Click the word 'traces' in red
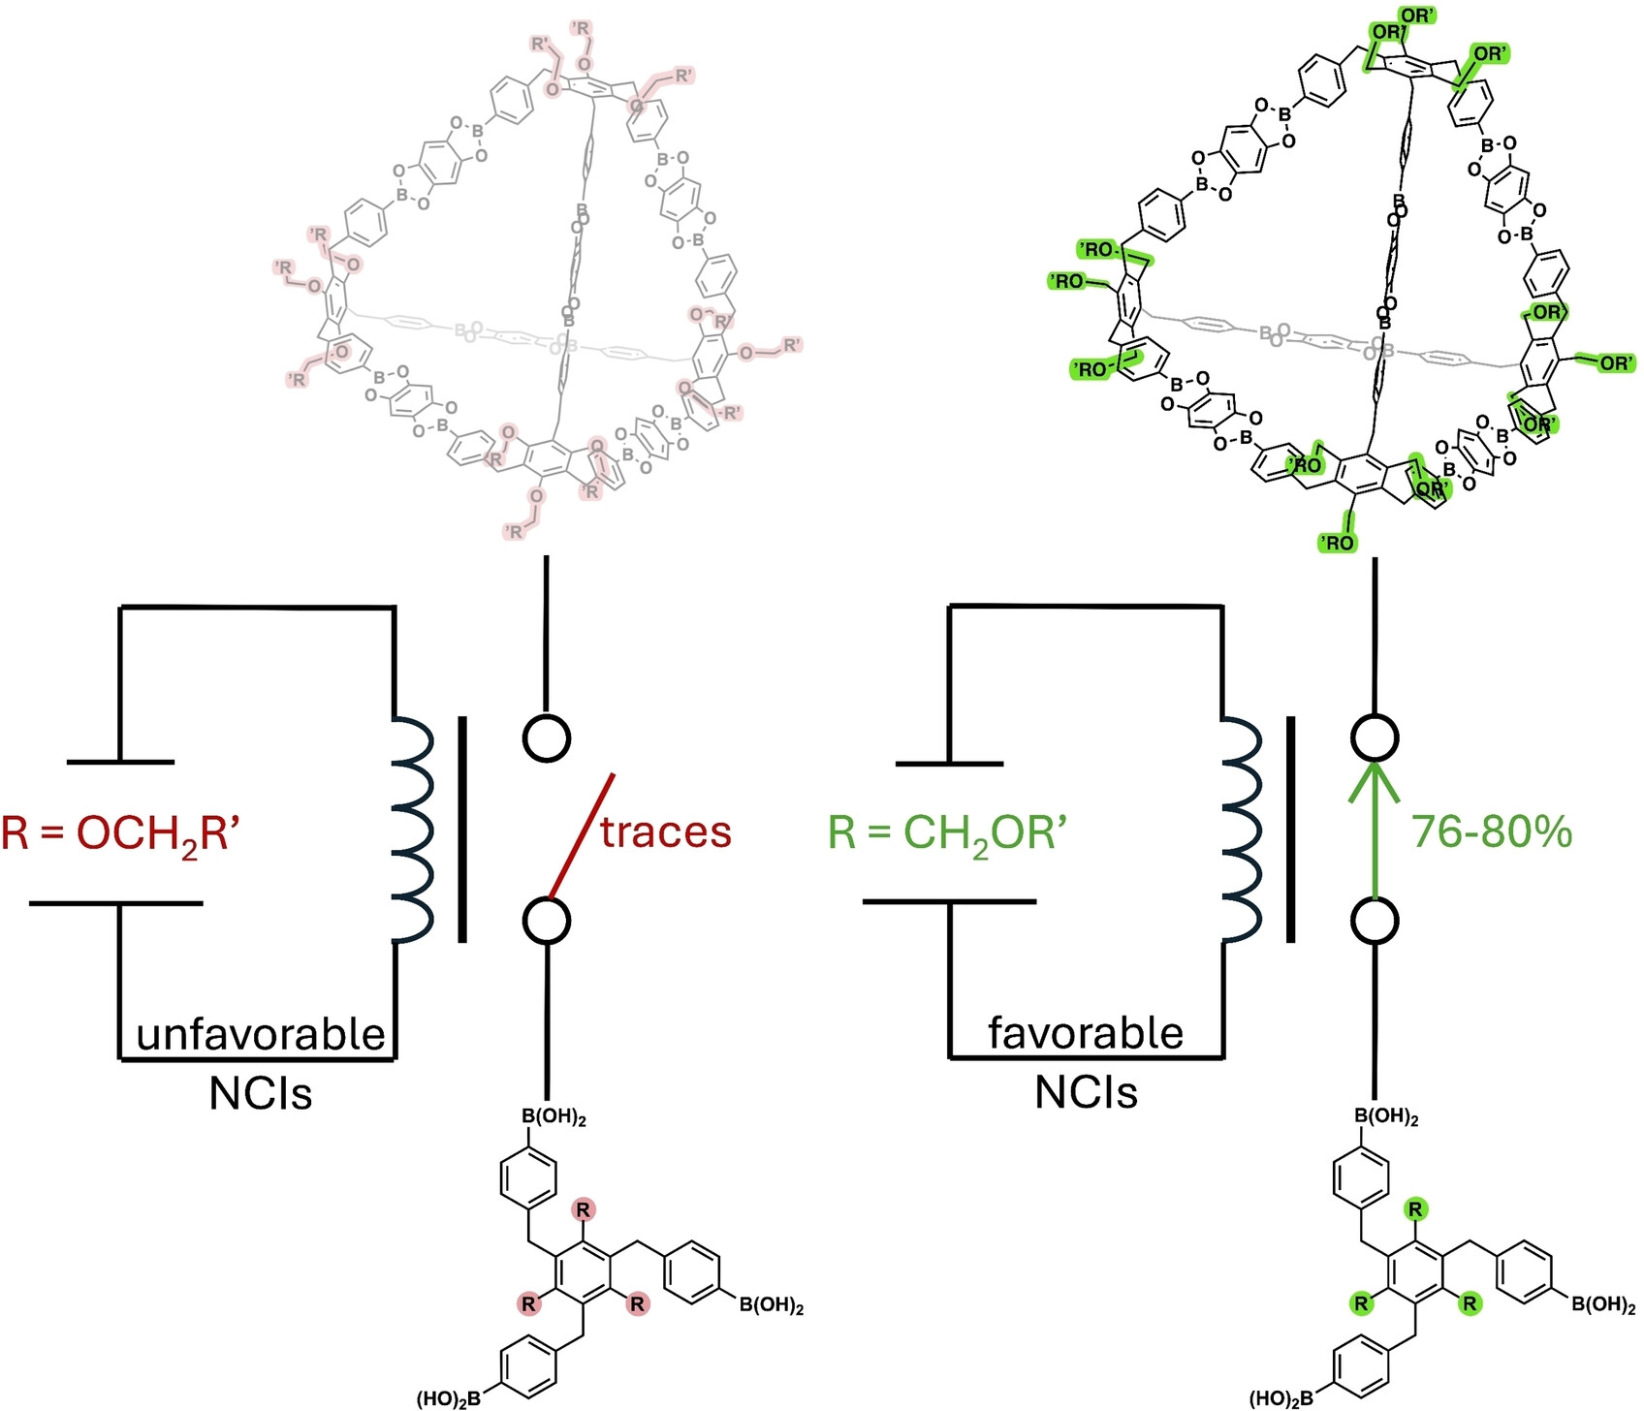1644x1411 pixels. point(665,832)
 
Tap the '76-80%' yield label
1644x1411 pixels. point(1491,832)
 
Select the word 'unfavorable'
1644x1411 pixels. point(261,1034)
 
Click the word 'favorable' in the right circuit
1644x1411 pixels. point(1086,1033)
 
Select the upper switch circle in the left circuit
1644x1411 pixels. point(547,738)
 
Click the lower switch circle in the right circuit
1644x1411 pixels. point(1375,921)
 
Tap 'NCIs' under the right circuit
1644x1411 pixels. point(1086,1093)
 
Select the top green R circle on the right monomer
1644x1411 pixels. point(1415,1209)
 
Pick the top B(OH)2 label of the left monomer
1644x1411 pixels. point(554,1117)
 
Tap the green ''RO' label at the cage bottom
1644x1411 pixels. point(1338,543)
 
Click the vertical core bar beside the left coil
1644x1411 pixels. point(461,830)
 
